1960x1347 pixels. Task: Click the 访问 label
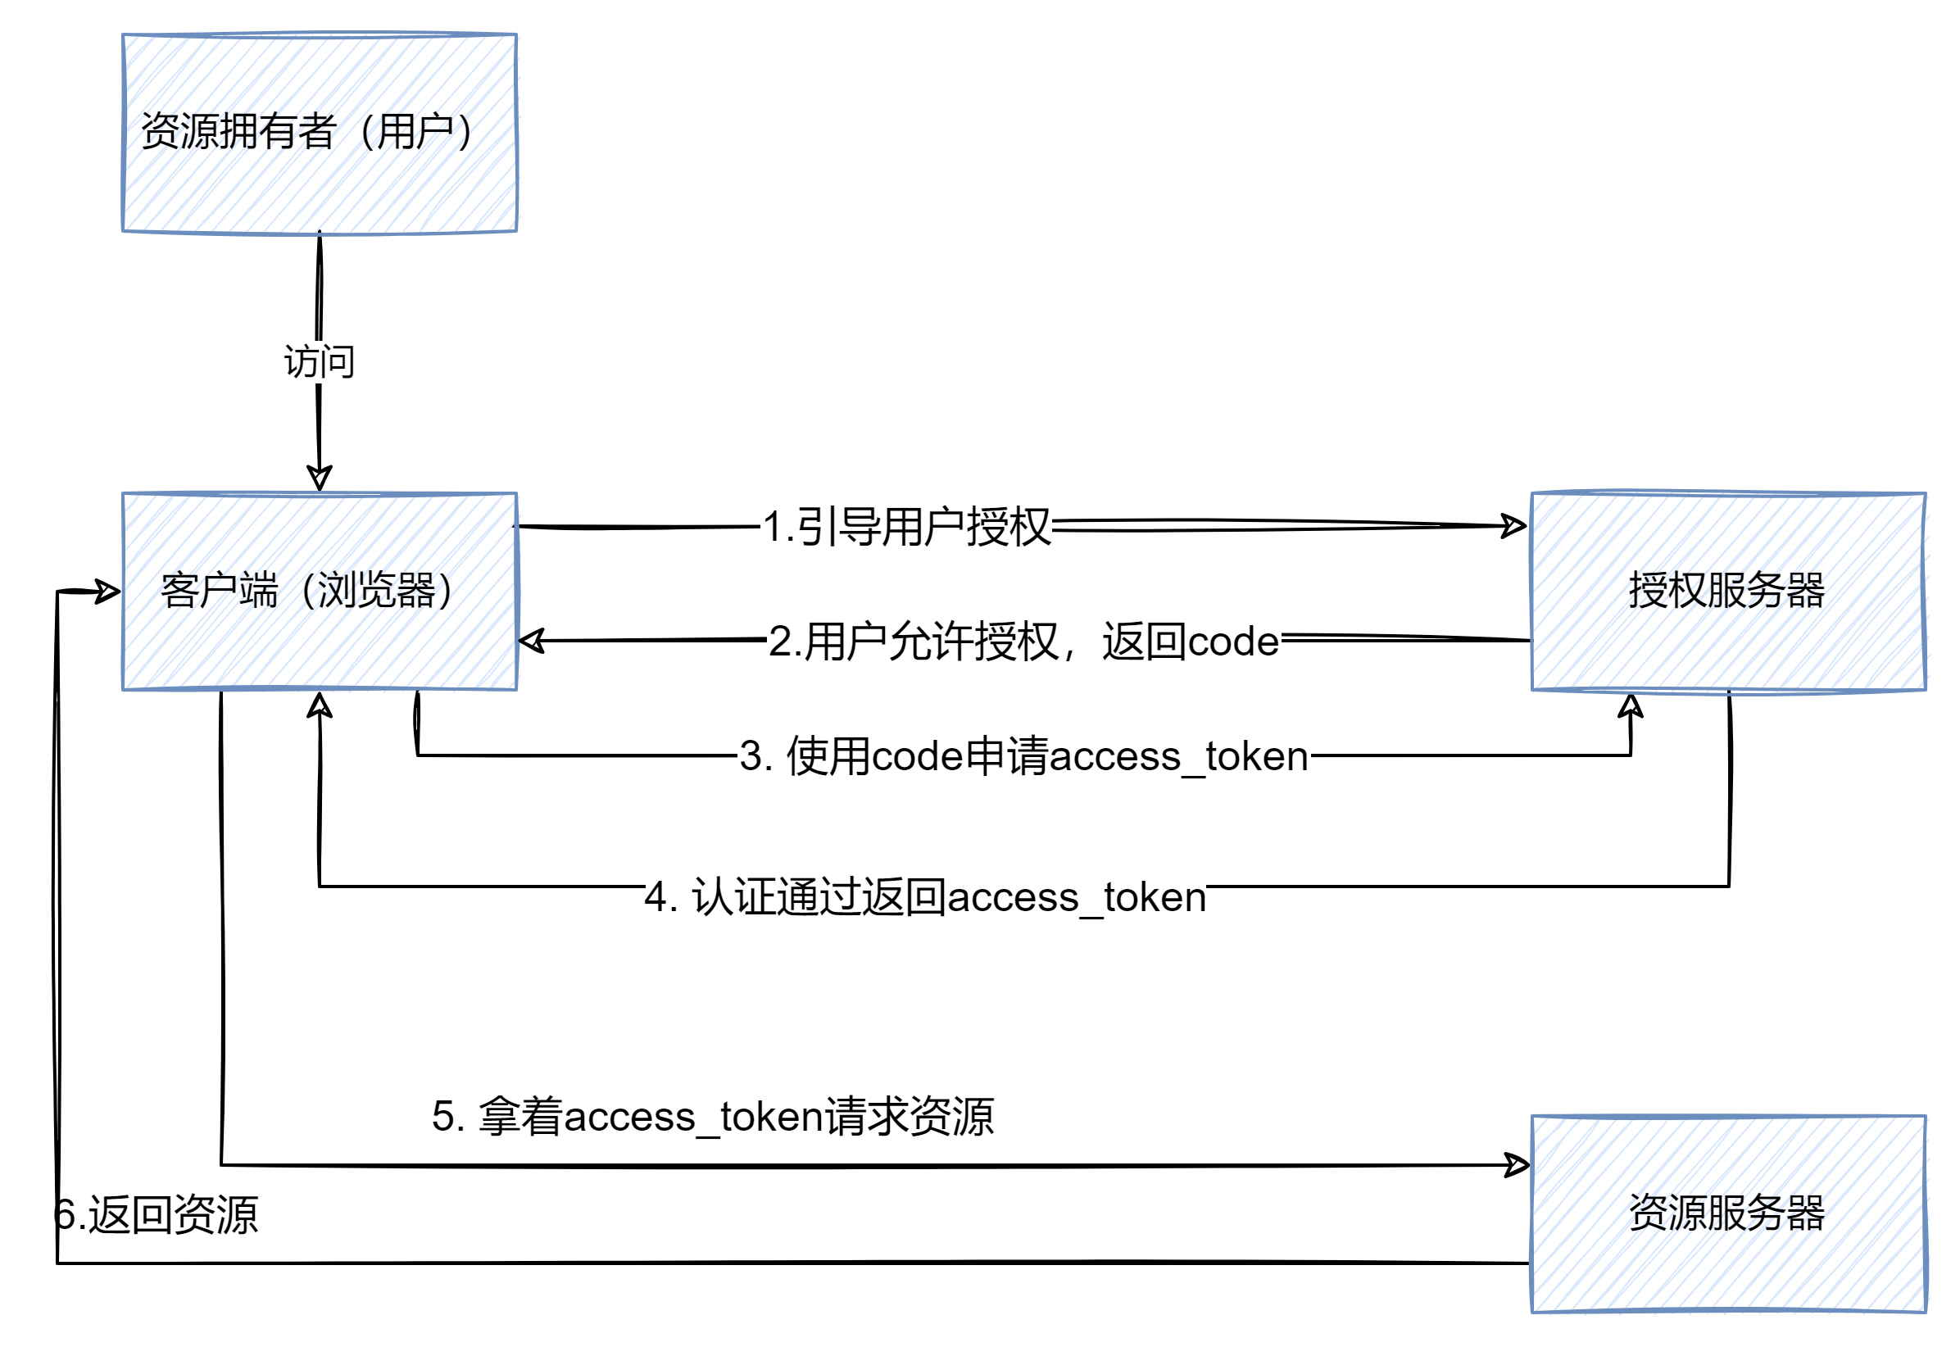(320, 362)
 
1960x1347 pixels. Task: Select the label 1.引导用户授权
(905, 527)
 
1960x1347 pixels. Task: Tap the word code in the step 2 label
(1233, 642)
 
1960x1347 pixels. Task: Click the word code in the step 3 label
(917, 756)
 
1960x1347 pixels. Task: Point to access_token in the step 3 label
(1178, 756)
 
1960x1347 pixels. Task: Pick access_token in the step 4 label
(1076, 897)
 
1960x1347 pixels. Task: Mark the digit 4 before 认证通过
(657, 897)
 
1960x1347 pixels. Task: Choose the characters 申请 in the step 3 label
(1005, 756)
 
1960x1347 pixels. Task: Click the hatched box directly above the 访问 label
(320, 134)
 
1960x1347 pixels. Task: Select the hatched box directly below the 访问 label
(320, 592)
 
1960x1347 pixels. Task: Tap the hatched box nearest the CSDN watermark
(1729, 1213)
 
